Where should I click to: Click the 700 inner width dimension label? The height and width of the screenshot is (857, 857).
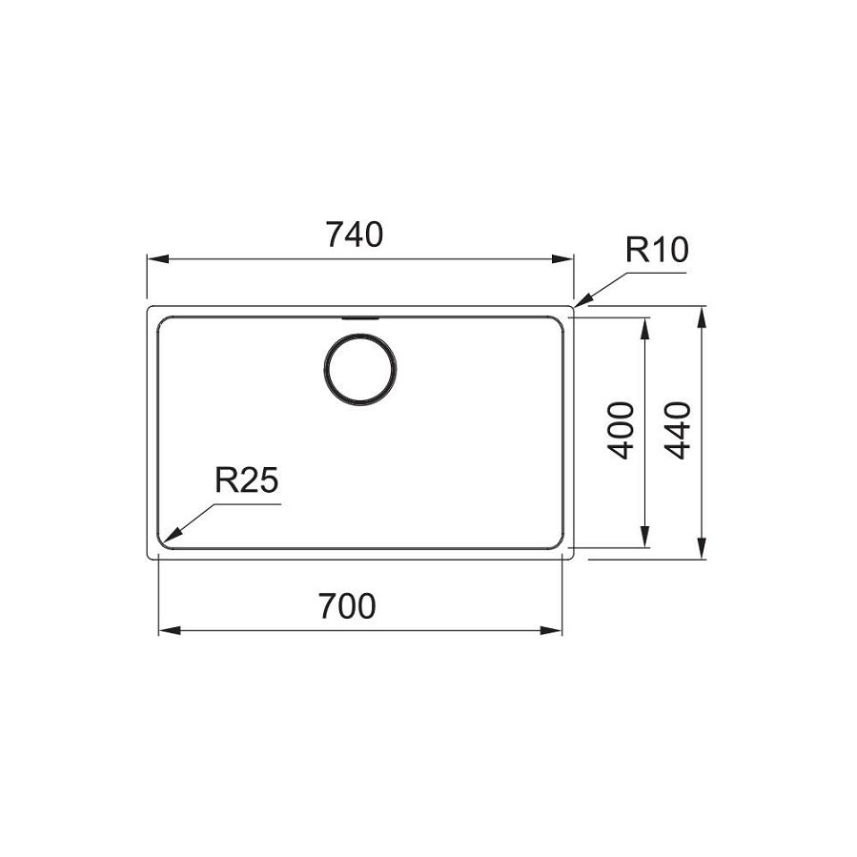tap(348, 606)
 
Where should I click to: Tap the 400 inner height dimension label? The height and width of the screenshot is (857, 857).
tap(621, 431)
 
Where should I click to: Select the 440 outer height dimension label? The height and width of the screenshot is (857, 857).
tap(678, 431)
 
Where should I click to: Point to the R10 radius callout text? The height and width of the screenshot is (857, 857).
tap(657, 250)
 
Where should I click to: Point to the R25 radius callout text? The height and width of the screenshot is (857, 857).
tap(247, 480)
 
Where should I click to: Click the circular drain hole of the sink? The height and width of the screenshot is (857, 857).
tap(360, 369)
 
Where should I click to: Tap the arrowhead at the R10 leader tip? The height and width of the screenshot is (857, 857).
tap(583, 300)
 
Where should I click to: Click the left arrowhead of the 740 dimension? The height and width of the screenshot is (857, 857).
tap(157, 259)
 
